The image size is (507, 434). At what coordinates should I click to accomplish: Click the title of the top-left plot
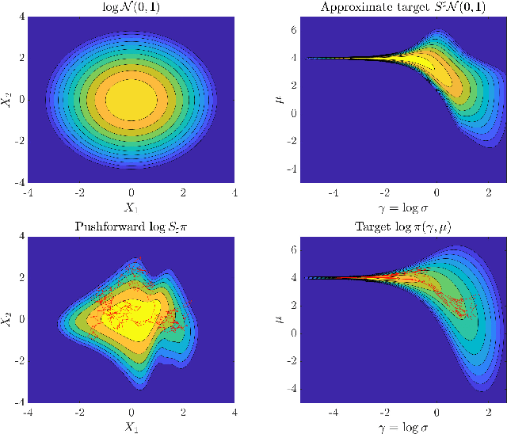pos(131,8)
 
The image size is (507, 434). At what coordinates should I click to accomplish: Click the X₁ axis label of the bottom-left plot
pos(131,426)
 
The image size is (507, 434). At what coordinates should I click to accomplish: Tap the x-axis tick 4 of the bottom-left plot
pos(234,412)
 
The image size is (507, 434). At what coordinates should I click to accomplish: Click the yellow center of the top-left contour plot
pos(131,100)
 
